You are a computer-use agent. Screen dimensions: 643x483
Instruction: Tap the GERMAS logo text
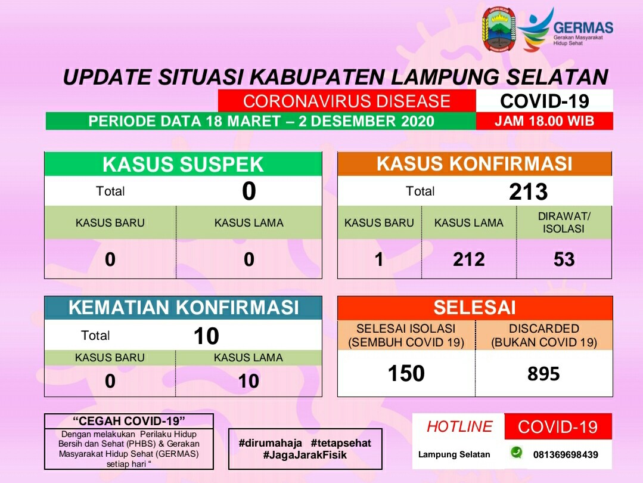(x=583, y=28)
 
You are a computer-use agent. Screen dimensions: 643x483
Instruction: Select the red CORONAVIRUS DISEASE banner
(x=347, y=101)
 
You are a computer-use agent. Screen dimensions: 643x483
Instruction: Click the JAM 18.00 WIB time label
(x=544, y=121)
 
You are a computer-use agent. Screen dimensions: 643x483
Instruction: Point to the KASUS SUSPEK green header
(x=183, y=164)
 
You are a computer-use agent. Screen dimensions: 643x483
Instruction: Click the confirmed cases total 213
(x=528, y=191)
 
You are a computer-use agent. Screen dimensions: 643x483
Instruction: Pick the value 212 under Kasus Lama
(x=469, y=259)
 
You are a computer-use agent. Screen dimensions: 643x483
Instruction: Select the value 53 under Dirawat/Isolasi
(x=564, y=259)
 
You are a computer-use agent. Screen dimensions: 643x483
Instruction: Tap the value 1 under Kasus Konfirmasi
(x=379, y=259)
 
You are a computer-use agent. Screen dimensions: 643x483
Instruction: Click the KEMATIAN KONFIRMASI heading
(x=184, y=307)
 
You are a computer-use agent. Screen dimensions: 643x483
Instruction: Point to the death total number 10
(x=206, y=336)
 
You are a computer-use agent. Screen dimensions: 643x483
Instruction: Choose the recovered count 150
(x=406, y=373)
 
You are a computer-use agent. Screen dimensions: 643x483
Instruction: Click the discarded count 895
(x=543, y=374)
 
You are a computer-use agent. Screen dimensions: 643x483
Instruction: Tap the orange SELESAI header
(x=475, y=308)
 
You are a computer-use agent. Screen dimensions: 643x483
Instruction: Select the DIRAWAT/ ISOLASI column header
(x=564, y=222)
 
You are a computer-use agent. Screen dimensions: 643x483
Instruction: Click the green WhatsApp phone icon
(x=516, y=452)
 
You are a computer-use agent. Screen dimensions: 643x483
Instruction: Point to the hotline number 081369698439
(x=566, y=455)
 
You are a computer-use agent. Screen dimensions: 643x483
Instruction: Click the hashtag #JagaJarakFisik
(x=305, y=455)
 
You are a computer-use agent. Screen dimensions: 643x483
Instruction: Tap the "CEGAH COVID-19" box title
(x=129, y=421)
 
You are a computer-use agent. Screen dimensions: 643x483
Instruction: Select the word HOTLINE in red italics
(x=459, y=427)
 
